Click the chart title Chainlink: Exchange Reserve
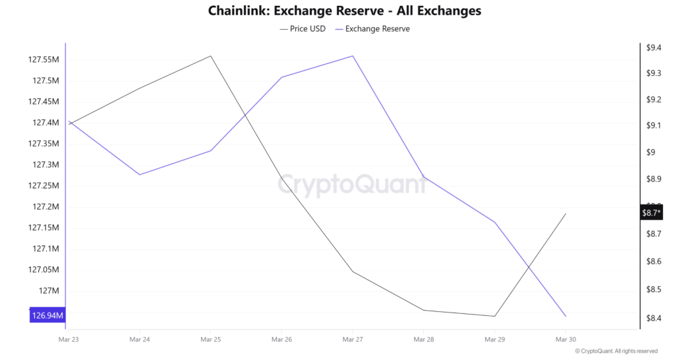tap(344, 11)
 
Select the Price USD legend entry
tap(303, 29)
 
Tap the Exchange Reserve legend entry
tap(372, 29)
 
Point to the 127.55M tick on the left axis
tap(44, 60)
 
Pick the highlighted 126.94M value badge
tap(47, 316)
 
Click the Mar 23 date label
tap(69, 340)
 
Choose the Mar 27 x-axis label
tap(353, 340)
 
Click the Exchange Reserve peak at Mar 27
tap(353, 56)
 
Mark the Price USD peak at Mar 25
tap(211, 56)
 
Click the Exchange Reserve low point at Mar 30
tap(565, 316)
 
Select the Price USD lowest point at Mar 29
tap(494, 316)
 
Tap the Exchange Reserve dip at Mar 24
tap(140, 175)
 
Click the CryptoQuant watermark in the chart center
tap(351, 184)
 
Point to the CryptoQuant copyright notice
tap(616, 351)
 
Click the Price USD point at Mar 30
tap(565, 214)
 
